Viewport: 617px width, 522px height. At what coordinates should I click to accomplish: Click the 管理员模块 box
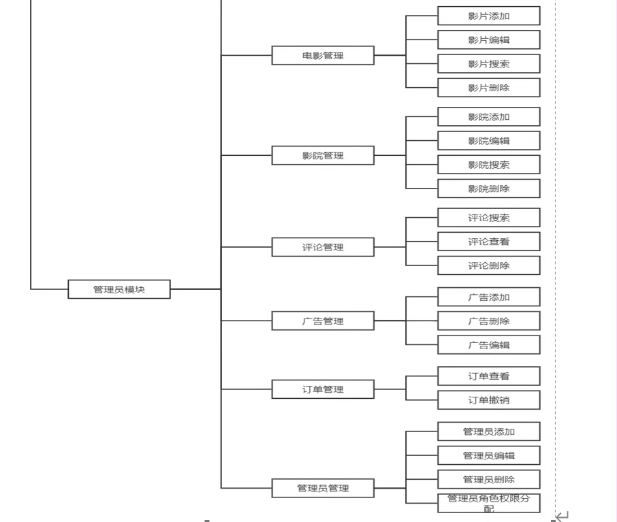(x=119, y=289)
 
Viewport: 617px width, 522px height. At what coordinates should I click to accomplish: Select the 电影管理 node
(x=323, y=55)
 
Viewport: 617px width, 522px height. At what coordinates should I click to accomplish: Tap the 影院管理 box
(x=323, y=155)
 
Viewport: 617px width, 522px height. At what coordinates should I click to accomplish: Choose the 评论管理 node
(x=323, y=247)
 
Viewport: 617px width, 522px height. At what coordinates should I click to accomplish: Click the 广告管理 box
(x=323, y=321)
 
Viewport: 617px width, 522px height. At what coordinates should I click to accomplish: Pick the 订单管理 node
(x=323, y=389)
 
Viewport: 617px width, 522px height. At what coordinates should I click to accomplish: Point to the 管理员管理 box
(x=323, y=488)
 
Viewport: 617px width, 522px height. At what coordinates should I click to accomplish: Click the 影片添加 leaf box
(x=489, y=16)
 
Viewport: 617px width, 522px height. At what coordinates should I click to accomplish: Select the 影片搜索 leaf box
(x=489, y=64)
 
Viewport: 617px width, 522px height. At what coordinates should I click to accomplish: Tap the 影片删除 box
(x=489, y=88)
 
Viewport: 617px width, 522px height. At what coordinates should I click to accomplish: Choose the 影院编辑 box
(x=489, y=141)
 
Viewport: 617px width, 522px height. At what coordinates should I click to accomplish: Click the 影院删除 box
(x=489, y=189)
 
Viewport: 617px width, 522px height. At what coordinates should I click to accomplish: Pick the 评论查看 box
(x=489, y=242)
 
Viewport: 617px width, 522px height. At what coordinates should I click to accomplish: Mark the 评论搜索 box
(x=489, y=218)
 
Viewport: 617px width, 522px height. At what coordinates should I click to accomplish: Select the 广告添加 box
(x=489, y=297)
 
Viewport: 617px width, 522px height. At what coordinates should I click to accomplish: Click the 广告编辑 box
(x=489, y=345)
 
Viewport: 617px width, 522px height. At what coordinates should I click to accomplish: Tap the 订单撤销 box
(x=489, y=400)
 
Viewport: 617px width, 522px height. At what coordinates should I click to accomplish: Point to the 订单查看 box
(x=489, y=376)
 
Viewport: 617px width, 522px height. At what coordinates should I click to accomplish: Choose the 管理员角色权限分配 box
(x=489, y=503)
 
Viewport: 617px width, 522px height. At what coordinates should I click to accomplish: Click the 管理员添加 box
(x=489, y=431)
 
